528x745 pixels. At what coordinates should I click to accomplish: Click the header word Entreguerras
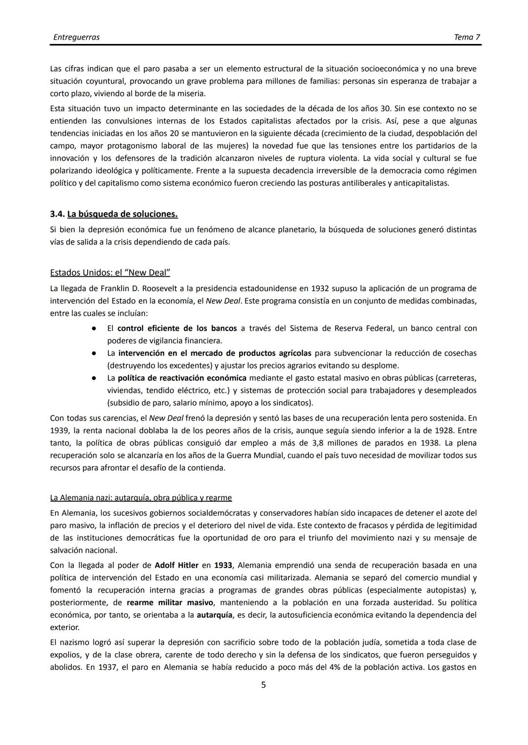coord(76,37)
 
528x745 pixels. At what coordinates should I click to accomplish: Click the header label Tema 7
coord(466,37)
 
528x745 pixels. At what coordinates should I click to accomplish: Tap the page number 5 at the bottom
coord(264,685)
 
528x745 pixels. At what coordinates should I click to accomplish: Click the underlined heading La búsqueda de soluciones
coord(122,214)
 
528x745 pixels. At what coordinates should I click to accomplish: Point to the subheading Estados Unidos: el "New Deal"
coord(110,273)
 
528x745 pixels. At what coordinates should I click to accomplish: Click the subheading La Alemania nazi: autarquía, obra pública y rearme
coord(141,498)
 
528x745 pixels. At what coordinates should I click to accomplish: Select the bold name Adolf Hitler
coord(176,565)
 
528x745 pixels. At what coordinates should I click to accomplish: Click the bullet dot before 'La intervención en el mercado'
coord(92,353)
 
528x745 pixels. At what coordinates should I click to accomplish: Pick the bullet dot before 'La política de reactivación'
coord(92,378)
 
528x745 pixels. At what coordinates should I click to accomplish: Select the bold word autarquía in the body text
coord(214,615)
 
